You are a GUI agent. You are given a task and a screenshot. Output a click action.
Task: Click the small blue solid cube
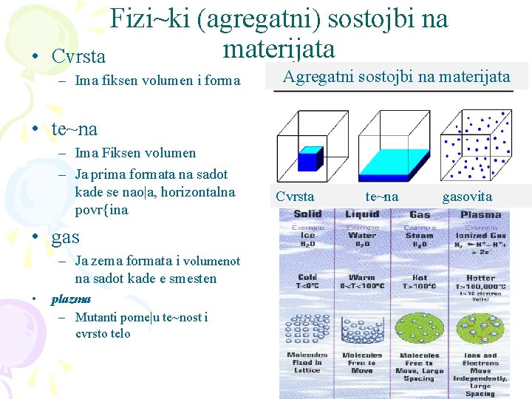[x=310, y=160]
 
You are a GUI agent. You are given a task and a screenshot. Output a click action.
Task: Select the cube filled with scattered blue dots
[x=476, y=146]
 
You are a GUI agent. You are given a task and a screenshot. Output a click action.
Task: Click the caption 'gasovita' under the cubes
[x=467, y=197]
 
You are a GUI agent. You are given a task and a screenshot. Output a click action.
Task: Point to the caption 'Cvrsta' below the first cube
[x=295, y=197]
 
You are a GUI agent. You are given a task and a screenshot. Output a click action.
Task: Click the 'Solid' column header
[x=307, y=214]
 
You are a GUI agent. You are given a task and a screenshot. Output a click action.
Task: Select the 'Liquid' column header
[x=362, y=214]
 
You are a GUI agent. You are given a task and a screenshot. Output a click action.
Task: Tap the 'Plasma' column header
[x=480, y=214]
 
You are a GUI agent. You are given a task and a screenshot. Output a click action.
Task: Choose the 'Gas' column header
[x=420, y=214]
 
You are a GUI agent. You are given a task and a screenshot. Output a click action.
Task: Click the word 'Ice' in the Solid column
[x=307, y=236]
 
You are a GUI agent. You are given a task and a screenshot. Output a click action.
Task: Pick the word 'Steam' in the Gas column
[x=420, y=236]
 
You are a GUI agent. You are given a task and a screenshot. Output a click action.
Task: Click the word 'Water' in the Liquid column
[x=362, y=236]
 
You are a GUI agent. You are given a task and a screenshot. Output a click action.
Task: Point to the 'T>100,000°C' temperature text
[x=480, y=285]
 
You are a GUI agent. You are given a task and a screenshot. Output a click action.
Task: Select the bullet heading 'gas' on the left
[x=65, y=237]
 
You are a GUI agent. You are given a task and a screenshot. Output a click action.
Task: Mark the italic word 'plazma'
[x=71, y=299]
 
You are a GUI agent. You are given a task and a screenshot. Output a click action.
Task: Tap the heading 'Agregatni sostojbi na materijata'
[x=397, y=76]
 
